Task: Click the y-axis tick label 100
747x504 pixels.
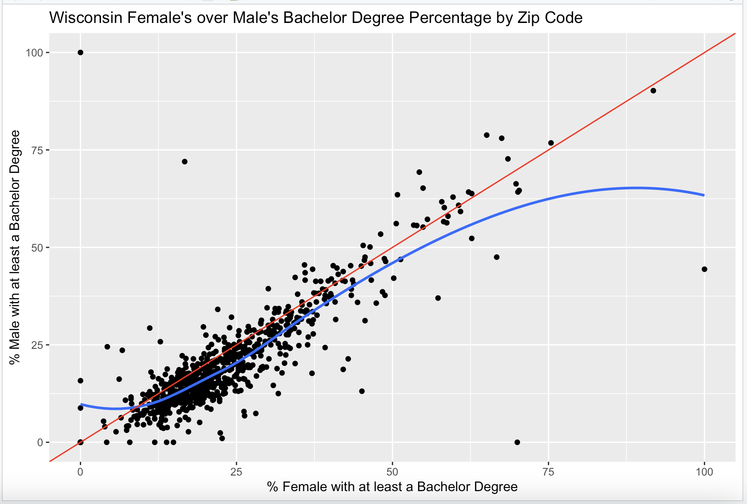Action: tap(34, 52)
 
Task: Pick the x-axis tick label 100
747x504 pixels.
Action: tap(704, 471)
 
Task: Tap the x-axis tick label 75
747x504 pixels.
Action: tap(548, 471)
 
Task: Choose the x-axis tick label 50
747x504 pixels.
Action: tap(392, 471)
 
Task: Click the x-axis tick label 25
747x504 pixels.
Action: tap(236, 471)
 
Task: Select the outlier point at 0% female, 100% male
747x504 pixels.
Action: tap(80, 52)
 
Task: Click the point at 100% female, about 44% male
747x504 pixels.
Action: tap(704, 269)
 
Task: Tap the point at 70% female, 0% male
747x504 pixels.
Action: tap(517, 442)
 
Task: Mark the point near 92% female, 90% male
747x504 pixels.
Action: tap(653, 90)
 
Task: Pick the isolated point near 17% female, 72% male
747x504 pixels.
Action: tap(184, 162)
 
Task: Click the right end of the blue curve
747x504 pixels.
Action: tap(704, 195)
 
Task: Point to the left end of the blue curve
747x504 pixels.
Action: tap(81, 404)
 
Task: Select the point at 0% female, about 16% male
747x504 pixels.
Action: tap(80, 381)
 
